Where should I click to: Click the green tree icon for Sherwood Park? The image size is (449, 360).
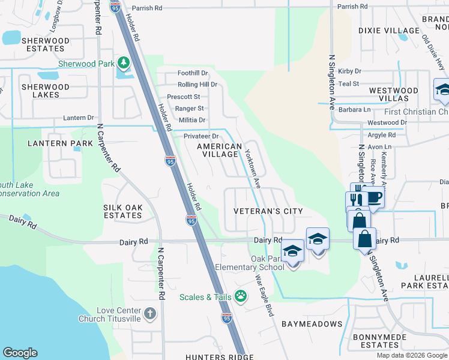point(123,62)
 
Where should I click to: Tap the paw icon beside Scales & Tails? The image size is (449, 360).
point(241,296)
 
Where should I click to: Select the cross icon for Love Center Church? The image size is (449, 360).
point(149,313)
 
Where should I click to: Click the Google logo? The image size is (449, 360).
point(20,353)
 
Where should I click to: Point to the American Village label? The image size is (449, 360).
point(219,150)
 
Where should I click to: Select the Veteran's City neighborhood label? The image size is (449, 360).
point(268,211)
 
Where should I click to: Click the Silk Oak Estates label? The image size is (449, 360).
point(122,211)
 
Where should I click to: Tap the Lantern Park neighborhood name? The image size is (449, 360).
point(60,143)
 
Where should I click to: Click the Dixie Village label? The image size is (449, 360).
point(388,31)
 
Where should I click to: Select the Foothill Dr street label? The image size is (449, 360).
point(192,73)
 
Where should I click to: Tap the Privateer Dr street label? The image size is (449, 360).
point(200,137)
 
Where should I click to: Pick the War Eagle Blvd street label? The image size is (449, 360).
point(265,295)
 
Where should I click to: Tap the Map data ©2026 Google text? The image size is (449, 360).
point(411,355)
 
